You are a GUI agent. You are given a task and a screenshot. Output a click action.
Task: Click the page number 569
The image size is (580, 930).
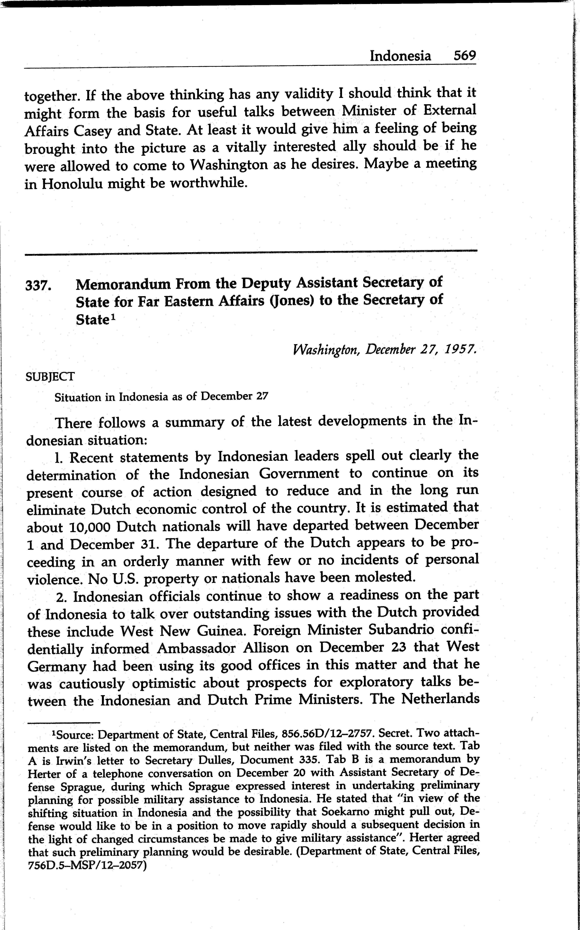click(465, 56)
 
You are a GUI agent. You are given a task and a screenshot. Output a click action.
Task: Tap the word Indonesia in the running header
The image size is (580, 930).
click(400, 56)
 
